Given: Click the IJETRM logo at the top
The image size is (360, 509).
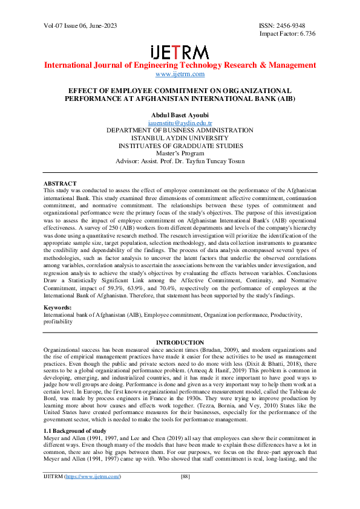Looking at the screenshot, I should (x=179, y=51).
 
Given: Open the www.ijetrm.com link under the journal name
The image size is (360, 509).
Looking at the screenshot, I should (x=180, y=74).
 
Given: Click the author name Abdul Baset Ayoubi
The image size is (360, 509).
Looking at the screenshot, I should (x=180, y=114).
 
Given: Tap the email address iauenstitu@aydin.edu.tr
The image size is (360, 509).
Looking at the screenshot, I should (x=180, y=122).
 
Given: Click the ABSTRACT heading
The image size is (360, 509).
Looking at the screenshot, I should (x=60, y=183).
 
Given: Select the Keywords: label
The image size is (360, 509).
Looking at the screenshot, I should (x=59, y=308).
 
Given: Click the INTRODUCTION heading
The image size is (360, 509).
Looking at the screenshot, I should (x=180, y=343).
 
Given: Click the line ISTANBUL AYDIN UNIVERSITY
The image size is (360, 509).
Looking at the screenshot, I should (x=180, y=138).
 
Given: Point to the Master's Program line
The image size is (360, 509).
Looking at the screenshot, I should (x=180, y=154).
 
